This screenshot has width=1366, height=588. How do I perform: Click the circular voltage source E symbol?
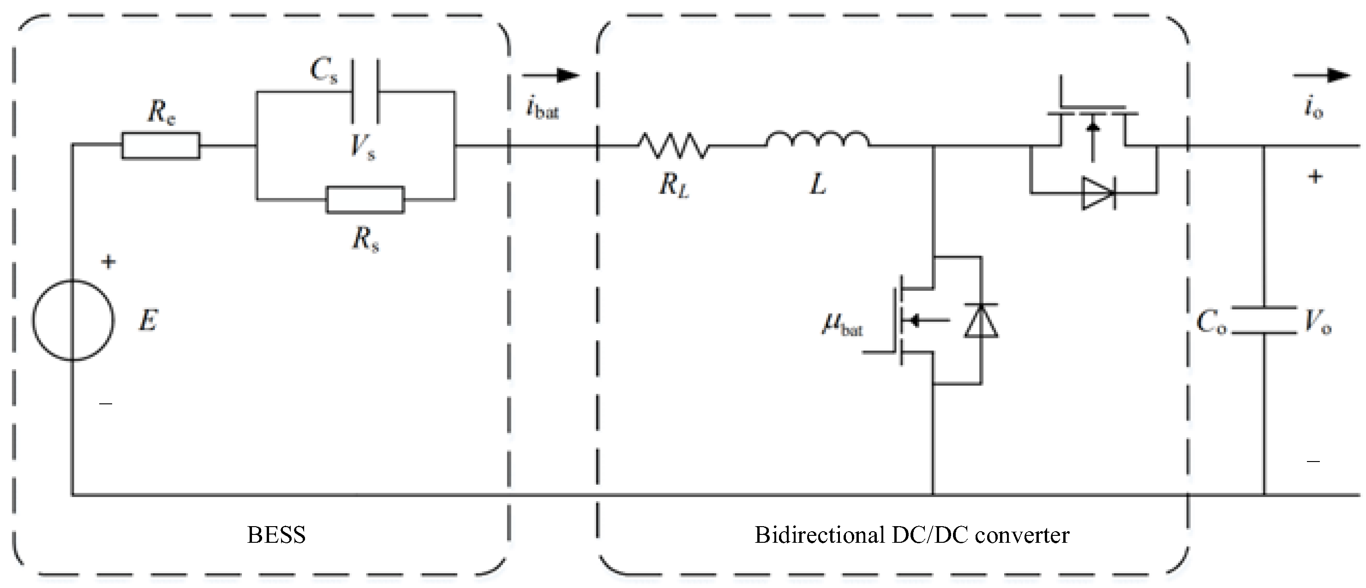(73, 320)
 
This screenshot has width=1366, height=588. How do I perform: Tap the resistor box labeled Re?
(161, 145)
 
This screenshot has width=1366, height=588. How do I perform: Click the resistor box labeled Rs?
(365, 200)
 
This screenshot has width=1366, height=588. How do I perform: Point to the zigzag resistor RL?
(672, 145)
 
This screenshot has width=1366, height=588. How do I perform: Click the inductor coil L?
(817, 139)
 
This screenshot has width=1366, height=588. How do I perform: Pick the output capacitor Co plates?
(1264, 320)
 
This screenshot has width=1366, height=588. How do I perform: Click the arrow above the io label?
(1321, 76)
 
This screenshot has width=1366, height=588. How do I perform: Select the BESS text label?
(276, 535)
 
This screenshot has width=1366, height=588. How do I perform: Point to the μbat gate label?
(843, 324)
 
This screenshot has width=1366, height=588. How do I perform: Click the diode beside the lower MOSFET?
(981, 321)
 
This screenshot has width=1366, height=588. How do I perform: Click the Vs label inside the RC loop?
(363, 146)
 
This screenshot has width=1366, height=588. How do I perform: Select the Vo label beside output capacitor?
(1318, 321)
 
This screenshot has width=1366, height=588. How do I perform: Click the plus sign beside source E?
(108, 261)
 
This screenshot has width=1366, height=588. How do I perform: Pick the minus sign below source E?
(106, 404)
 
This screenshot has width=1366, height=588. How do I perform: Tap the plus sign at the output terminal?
(1315, 177)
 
